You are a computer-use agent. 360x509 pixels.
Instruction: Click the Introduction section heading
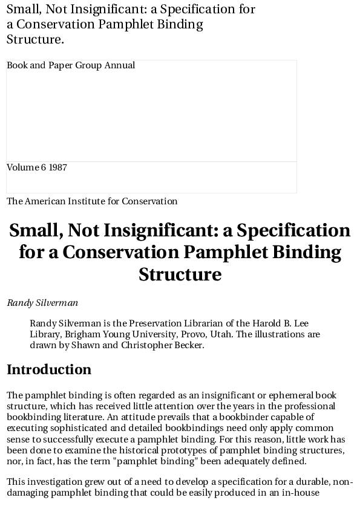pos(49,369)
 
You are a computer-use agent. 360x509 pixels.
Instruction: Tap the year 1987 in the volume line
pos(58,167)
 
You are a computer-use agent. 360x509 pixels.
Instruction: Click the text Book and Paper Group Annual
pos(71,65)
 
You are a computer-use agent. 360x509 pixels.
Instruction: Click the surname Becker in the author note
pos(191,345)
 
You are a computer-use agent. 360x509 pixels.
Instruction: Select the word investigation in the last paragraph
pos(53,482)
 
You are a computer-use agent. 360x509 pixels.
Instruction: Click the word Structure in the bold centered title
pos(180,274)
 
